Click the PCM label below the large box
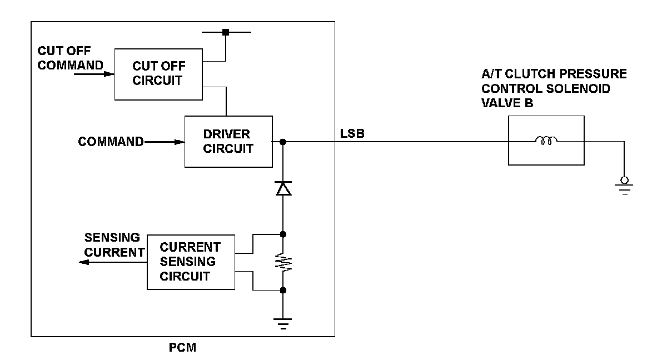tap(182, 348)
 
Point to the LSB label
tap(352, 133)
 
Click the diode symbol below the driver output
tap(283, 188)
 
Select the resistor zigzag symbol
tap(283, 262)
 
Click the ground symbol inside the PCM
tap(283, 324)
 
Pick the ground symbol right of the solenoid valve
tap(624, 186)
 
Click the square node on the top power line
tap(226, 32)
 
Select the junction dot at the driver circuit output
tap(283, 142)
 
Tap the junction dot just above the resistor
tap(283, 234)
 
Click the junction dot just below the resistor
tap(283, 290)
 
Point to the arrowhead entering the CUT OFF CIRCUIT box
tap(109, 74)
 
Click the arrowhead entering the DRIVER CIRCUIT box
tap(179, 142)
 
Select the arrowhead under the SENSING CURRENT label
tap(84, 262)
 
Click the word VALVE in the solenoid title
tap(500, 103)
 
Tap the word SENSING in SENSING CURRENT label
tap(112, 237)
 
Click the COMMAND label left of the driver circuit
tap(111, 142)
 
